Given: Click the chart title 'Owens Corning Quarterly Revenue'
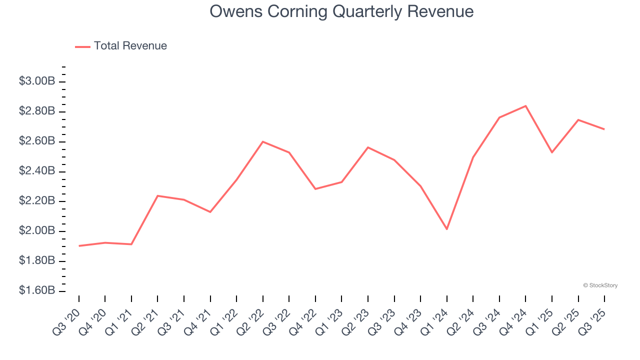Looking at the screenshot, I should click(341, 11).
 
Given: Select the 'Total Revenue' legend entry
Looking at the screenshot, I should click(130, 46).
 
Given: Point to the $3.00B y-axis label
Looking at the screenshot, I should click(36, 81).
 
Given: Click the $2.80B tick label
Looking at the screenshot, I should click(36, 111).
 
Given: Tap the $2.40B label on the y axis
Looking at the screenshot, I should click(36, 171).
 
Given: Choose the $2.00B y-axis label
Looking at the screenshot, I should click(36, 231).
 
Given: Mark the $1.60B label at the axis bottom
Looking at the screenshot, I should click(36, 290).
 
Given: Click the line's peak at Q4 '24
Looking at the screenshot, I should click(525, 106).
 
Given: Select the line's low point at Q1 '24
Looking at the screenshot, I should click(446, 229).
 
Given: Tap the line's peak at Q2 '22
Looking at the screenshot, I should click(263, 141).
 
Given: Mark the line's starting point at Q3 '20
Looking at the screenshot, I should click(79, 245).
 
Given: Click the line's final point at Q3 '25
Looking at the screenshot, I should click(604, 129).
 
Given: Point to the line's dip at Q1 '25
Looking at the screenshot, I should click(552, 152).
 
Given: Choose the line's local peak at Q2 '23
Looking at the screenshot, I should click(368, 147).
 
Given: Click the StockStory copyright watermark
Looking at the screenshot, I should click(600, 285).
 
